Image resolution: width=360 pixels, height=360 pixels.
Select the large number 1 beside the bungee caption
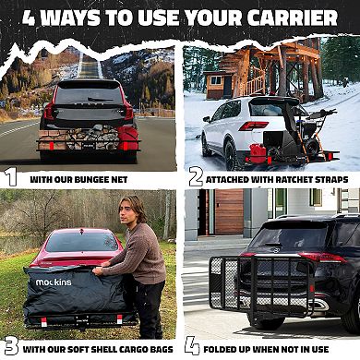10,176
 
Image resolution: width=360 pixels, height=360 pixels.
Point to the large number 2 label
195,176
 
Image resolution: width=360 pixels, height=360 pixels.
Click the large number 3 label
10,346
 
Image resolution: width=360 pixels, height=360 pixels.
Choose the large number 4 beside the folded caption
192,346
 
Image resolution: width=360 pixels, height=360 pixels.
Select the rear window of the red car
81,242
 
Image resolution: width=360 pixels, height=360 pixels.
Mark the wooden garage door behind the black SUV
228,212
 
